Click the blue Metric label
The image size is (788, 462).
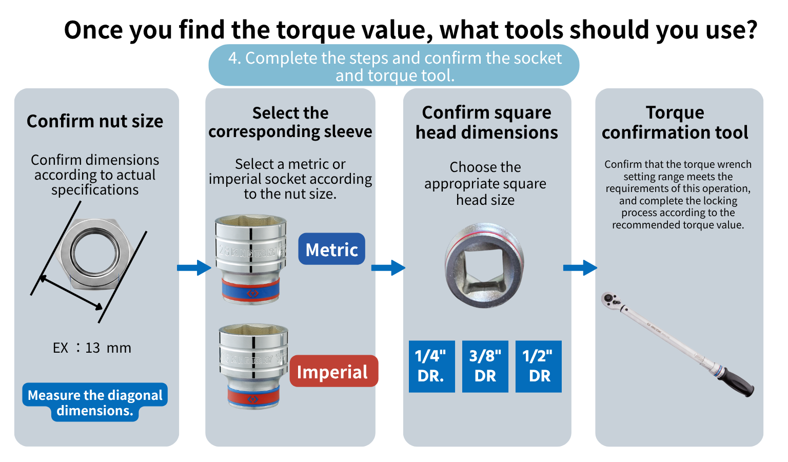331,248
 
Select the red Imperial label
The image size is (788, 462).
334,371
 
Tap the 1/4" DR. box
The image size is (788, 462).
431,366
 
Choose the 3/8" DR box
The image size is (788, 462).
485,366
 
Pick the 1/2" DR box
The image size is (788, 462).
539,366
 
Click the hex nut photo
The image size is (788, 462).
95,254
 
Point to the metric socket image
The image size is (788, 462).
251,260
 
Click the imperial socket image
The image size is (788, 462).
253,367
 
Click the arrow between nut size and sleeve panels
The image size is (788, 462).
194,268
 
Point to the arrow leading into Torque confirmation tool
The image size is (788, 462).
580,268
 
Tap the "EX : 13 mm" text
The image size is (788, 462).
92,348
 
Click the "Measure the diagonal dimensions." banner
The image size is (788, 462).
95,402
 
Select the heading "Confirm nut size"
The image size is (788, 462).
95,121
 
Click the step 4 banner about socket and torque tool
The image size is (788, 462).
394,66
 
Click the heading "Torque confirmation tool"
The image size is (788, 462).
675,123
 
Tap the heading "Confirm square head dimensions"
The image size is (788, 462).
487,123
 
